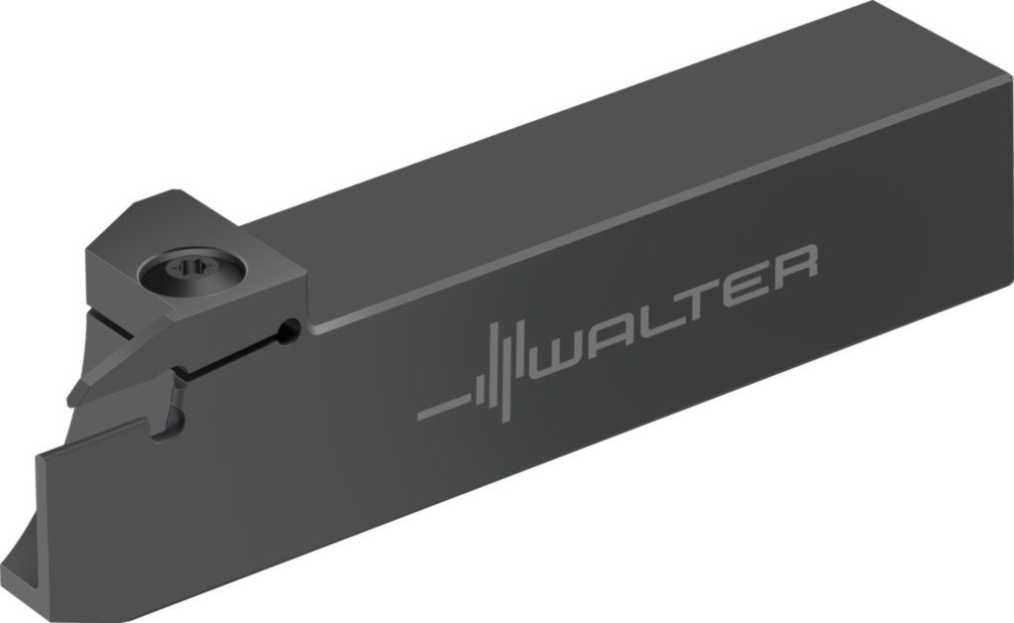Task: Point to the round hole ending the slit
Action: click(287, 331)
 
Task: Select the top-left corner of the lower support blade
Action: click(42, 452)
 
